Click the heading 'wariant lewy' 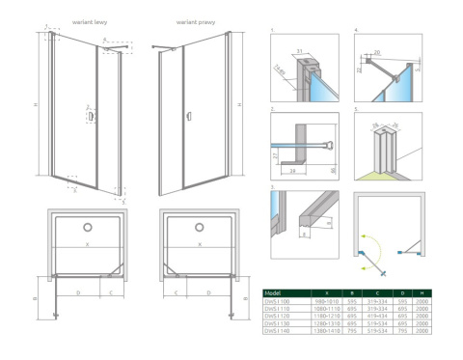[88, 20]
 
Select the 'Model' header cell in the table [275, 293]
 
